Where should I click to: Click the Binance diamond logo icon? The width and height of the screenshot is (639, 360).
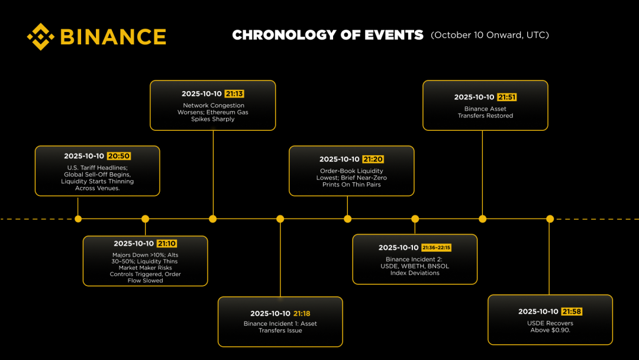[41, 37]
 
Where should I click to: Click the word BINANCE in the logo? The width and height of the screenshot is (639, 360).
[113, 37]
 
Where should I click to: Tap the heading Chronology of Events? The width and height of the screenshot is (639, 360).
[328, 35]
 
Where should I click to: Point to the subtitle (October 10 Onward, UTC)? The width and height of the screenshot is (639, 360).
[490, 35]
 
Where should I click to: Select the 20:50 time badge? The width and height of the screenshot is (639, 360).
[119, 156]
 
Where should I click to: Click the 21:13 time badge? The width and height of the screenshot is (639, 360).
[234, 94]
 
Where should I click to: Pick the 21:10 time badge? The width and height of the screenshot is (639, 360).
[167, 243]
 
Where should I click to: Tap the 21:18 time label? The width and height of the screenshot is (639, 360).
[302, 314]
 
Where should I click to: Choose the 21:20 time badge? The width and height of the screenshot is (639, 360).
[373, 159]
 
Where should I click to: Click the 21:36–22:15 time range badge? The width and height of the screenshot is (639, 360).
[436, 247]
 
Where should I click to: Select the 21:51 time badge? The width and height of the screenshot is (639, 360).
[507, 97]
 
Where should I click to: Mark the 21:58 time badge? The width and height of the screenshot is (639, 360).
[572, 311]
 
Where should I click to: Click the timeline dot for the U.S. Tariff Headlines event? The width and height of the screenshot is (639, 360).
[78, 219]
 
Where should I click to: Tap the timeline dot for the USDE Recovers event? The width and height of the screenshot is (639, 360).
[550, 219]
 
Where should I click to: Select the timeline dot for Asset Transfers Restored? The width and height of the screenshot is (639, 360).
[483, 219]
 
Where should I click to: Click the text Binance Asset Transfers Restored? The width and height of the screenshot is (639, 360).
[485, 112]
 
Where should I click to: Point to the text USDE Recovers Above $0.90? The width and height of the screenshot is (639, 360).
[550, 327]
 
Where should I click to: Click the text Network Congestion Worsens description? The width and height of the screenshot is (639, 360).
[213, 112]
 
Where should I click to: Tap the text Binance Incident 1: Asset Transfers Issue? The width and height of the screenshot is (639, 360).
[280, 327]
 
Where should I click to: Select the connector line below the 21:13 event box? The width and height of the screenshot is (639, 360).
[213, 173]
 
